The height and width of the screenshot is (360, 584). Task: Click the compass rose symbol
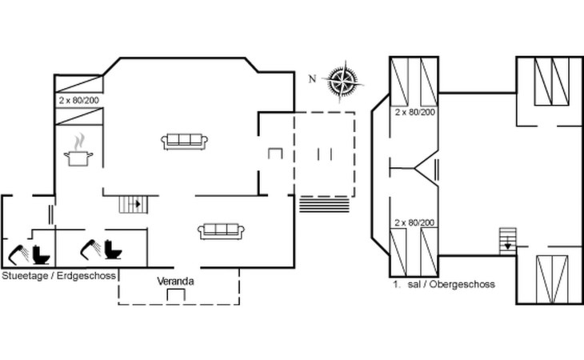(x=342, y=81)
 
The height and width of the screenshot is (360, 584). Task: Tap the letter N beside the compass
(x=313, y=79)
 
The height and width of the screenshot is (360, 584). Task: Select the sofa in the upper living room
(x=184, y=142)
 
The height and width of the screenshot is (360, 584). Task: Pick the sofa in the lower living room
(x=221, y=231)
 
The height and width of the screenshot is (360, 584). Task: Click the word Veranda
(x=175, y=281)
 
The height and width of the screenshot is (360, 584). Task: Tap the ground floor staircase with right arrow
(x=134, y=204)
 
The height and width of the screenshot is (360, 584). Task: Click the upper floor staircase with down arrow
(x=508, y=242)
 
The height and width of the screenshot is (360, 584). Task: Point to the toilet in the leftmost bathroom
(x=41, y=254)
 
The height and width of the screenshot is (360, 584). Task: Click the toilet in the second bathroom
(x=113, y=250)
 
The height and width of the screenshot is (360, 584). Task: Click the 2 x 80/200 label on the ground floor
(x=79, y=100)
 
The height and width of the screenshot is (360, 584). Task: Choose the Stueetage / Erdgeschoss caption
(x=59, y=276)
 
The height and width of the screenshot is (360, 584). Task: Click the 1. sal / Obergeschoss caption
(x=444, y=285)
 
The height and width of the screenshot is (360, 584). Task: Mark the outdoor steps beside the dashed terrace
(x=325, y=205)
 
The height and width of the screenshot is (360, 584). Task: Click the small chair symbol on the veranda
(x=176, y=295)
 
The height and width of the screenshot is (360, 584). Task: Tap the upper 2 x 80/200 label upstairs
(x=415, y=112)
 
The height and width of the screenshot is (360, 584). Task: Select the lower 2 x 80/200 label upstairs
(x=414, y=222)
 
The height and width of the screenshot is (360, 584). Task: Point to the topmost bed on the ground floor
(x=78, y=84)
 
